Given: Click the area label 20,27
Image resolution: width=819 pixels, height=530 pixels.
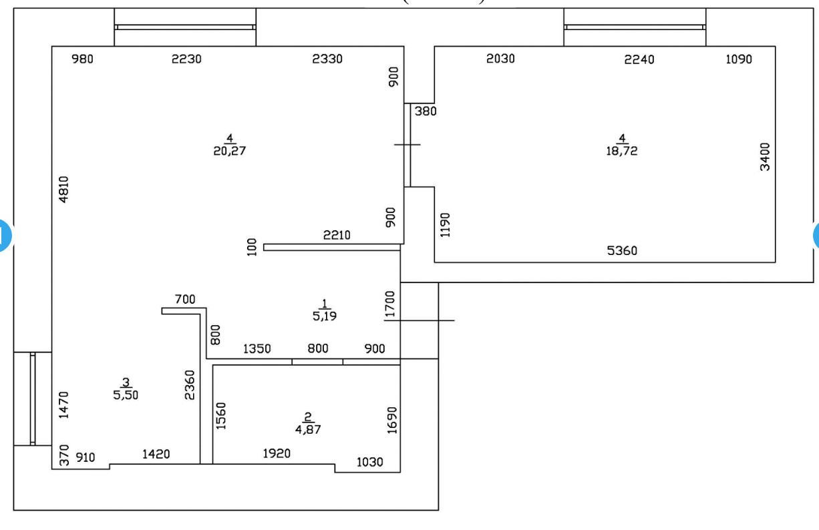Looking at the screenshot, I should (230, 151).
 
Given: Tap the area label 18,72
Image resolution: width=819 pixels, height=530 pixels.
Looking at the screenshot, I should (621, 151).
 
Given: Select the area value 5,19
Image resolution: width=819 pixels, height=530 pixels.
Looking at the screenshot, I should (325, 316).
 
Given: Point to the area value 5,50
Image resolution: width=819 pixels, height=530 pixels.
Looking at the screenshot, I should (126, 394).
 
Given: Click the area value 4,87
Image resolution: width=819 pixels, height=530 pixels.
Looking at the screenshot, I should (308, 430).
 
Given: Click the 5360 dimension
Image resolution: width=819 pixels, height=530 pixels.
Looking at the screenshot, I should (622, 251).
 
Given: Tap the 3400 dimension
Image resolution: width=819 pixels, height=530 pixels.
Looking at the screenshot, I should (765, 157).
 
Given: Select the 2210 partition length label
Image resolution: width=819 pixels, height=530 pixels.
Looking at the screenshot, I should (337, 235).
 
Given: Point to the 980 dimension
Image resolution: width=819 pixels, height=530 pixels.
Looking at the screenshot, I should (83, 59).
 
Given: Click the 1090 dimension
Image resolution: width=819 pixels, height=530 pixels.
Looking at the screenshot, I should (738, 59).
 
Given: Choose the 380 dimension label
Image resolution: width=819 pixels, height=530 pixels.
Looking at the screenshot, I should (426, 111).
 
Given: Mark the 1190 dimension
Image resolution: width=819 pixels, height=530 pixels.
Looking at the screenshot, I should (446, 226).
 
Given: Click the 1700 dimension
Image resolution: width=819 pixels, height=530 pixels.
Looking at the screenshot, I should (390, 303).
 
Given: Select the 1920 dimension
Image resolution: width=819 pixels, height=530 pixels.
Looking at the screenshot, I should (277, 454).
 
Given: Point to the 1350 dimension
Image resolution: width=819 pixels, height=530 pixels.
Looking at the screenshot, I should (257, 348).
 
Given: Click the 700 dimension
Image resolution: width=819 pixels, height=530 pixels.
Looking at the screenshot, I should (185, 300).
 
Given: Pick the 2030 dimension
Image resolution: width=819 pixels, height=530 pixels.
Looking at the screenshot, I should (500, 59).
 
